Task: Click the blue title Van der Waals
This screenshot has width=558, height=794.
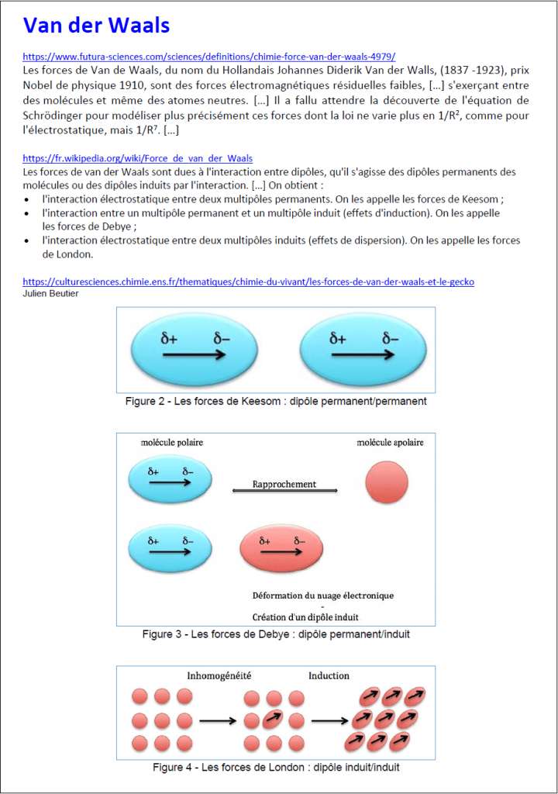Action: click(96, 25)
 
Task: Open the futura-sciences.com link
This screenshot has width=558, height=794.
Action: click(209, 57)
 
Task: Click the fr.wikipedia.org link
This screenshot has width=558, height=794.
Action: click(137, 158)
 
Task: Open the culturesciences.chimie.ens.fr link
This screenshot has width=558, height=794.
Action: click(248, 281)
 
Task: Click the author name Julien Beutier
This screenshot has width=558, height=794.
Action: click(50, 293)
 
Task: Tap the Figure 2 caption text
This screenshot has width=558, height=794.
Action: click(276, 402)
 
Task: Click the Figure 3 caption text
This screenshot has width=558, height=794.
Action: click(276, 634)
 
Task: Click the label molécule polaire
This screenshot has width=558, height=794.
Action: click(172, 443)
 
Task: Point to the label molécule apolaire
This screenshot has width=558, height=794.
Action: click(390, 443)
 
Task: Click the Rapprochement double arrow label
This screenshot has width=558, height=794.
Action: click(284, 485)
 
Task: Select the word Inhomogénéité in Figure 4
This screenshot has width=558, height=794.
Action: click(219, 676)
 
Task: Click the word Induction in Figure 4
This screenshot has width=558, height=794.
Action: click(329, 676)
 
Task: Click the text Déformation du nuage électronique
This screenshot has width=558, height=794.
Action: click(322, 595)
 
